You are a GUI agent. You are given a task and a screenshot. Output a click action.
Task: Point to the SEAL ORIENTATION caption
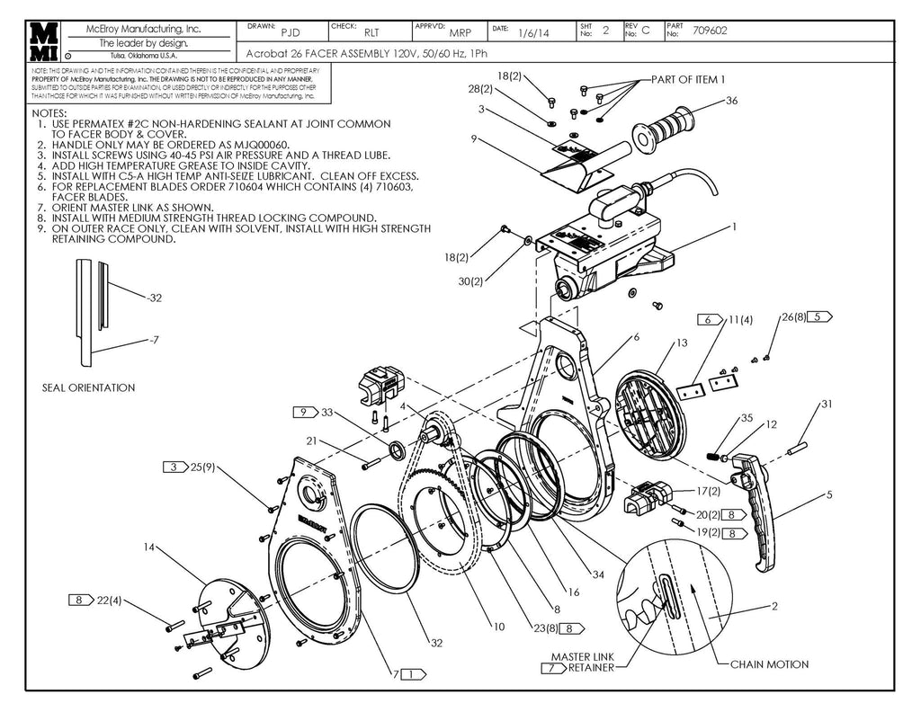pos(88,387)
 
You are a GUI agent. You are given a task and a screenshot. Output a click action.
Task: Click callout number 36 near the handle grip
pos(731,102)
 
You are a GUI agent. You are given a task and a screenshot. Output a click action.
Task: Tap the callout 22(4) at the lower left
pos(109,600)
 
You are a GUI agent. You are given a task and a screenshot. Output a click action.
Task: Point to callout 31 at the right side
pos(827,405)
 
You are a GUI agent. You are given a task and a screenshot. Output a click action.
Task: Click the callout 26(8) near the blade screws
pos(795,317)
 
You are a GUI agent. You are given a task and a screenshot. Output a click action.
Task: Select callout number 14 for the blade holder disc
pos(149,547)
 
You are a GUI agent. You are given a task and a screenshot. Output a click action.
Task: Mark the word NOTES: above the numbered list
pos(49,113)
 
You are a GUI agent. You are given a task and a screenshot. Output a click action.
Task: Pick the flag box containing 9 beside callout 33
pos(305,412)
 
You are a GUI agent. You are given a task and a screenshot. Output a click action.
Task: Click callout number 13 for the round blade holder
pos(682,343)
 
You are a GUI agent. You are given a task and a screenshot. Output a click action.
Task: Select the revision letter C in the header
pos(645,31)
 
